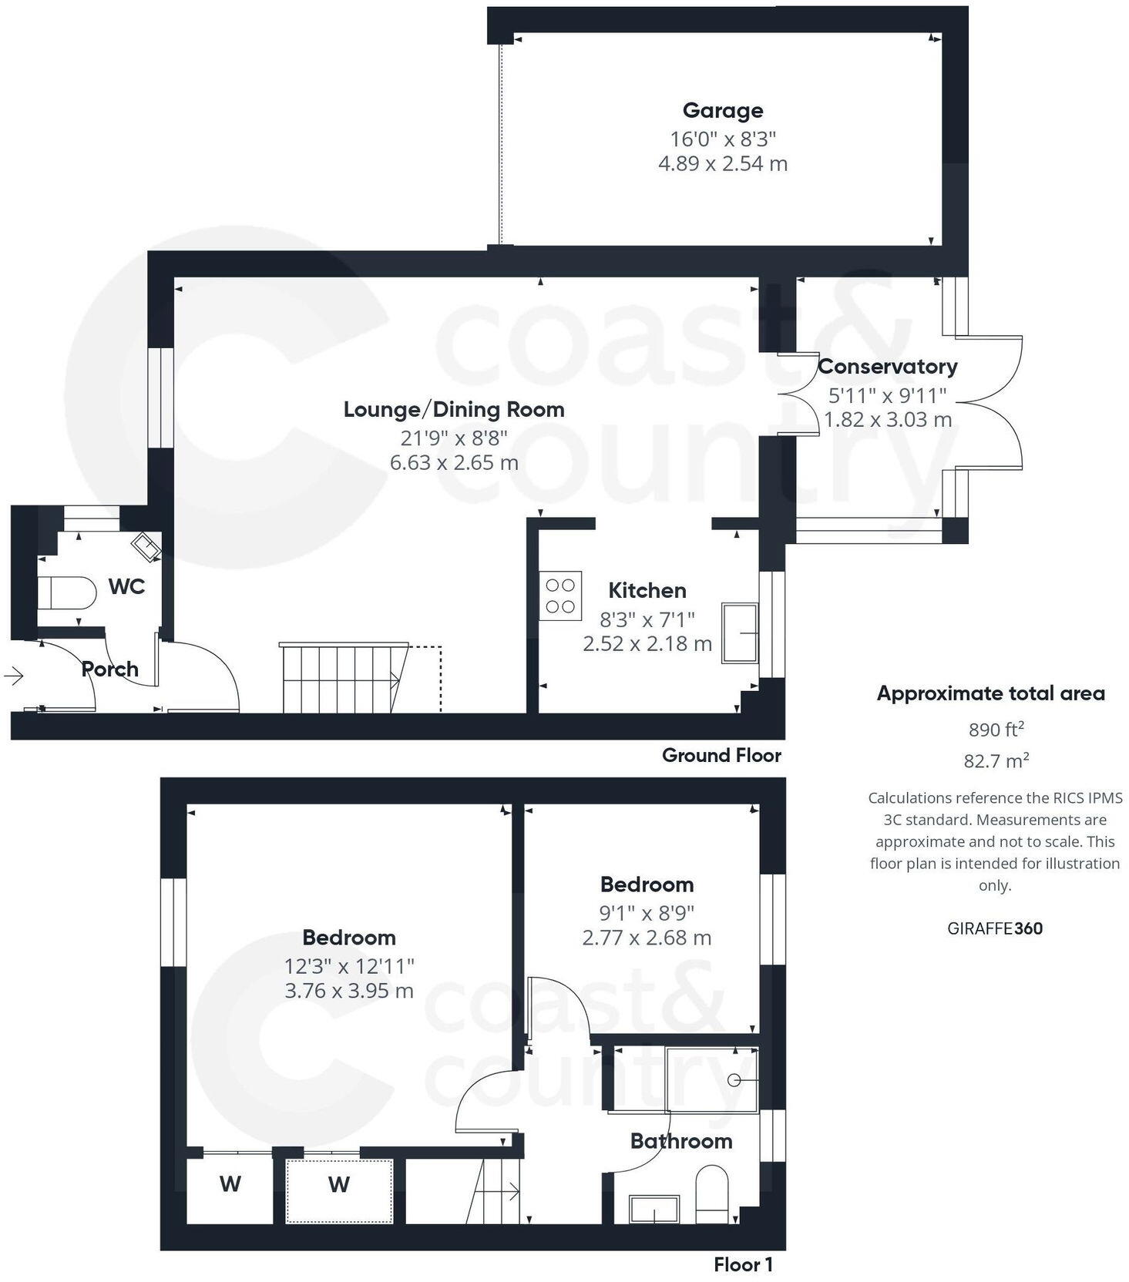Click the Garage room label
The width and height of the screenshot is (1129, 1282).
722,111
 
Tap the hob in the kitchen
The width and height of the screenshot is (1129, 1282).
560,596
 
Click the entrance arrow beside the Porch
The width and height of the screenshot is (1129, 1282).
14,676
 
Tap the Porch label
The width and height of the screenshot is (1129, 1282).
110,669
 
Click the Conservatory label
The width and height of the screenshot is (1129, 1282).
887,367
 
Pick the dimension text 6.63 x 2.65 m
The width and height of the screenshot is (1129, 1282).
454,463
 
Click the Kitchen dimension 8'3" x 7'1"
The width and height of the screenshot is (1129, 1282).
647,619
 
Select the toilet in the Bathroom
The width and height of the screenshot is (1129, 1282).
711,1194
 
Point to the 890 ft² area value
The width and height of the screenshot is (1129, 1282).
996,729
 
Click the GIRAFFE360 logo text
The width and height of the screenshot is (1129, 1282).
994,928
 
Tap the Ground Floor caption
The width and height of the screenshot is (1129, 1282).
721,756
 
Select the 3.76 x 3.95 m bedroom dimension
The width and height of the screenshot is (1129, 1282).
349,991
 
